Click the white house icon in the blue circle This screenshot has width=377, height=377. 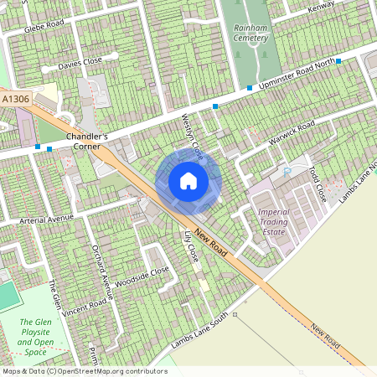tap(188, 181)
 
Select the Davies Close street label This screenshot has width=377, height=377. tap(80, 64)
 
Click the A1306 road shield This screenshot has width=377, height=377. tap(16, 99)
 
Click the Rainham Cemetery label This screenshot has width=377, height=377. tap(250, 32)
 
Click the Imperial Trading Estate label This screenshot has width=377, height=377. tap(273, 223)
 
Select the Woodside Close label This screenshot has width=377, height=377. tap(143, 276)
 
